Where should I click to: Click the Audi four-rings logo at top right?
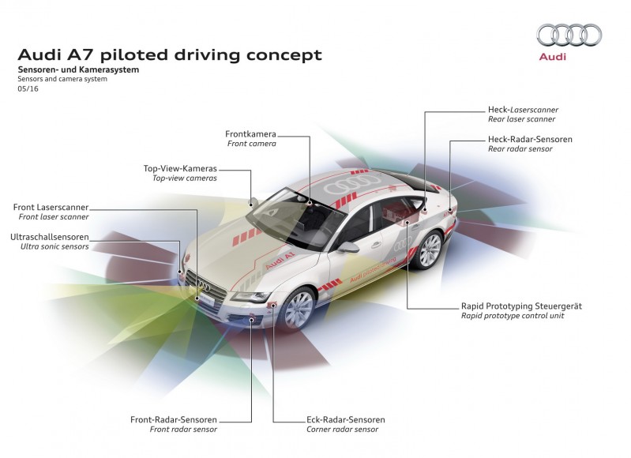tap(569, 35)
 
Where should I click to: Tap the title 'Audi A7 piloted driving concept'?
tap(170, 54)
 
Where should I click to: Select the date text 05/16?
tap(28, 89)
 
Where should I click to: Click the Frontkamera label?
tap(250, 134)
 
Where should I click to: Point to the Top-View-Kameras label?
tap(180, 168)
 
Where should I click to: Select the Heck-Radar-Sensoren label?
tap(530, 139)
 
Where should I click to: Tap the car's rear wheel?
tap(429, 250)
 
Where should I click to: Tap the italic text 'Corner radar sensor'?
tap(340, 430)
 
